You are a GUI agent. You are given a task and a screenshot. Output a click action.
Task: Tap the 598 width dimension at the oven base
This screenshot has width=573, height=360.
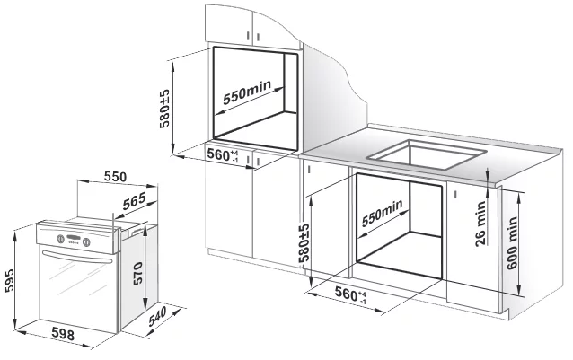(62, 337)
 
